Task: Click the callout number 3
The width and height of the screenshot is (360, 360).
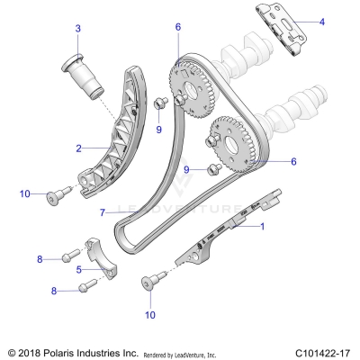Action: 78,29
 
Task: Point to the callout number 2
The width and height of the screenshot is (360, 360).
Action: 78,148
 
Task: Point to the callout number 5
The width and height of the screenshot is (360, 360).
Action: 78,268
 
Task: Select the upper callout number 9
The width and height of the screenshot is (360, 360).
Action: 159,130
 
